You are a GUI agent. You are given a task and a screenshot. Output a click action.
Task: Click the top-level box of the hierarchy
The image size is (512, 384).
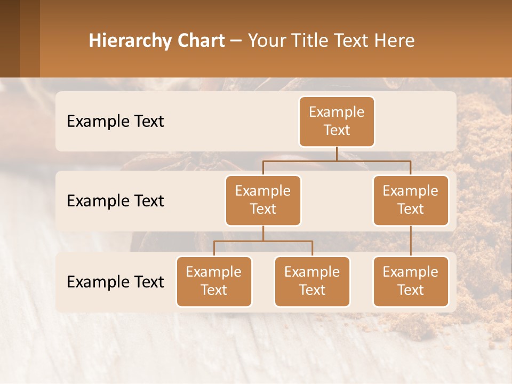[x=337, y=121]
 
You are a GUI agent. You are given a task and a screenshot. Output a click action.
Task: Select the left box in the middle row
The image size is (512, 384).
[x=263, y=200]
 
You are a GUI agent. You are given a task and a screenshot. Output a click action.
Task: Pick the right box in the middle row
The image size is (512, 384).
[x=411, y=200]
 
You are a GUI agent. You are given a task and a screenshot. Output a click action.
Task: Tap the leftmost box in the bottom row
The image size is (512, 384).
[x=214, y=281]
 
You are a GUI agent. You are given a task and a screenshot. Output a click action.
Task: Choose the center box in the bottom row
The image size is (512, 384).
[x=312, y=281]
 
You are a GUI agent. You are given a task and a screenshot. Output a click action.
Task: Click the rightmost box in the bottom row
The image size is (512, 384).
[x=411, y=281]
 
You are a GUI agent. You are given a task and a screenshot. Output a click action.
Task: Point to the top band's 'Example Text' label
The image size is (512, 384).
[x=115, y=121]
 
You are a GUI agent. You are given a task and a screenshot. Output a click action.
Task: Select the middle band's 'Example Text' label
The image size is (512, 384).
[x=115, y=201]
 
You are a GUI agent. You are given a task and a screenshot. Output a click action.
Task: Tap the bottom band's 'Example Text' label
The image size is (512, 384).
[x=115, y=282]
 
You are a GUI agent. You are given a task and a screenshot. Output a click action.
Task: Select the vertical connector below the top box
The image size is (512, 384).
[x=337, y=154]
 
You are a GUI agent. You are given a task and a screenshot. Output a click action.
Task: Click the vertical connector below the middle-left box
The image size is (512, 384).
[x=263, y=233]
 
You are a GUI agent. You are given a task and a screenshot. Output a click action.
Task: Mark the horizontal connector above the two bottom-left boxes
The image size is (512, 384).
[x=263, y=241]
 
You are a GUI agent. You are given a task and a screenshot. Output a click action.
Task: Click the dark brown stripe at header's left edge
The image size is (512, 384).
[x=10, y=38]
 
